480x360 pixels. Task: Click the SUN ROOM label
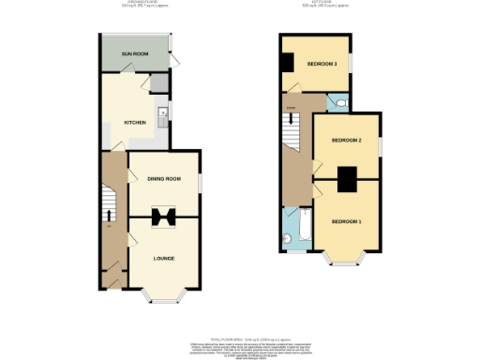tap(136, 54)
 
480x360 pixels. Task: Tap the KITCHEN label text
tap(136, 123)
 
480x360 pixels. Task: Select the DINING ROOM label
tap(163, 178)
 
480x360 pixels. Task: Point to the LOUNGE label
tap(164, 257)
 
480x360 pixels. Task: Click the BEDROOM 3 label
tap(322, 64)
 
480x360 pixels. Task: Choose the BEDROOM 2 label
tap(346, 141)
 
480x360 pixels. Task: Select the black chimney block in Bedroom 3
tap(288, 64)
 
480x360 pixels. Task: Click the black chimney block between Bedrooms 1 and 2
tap(346, 177)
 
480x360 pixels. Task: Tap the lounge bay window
tap(164, 299)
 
